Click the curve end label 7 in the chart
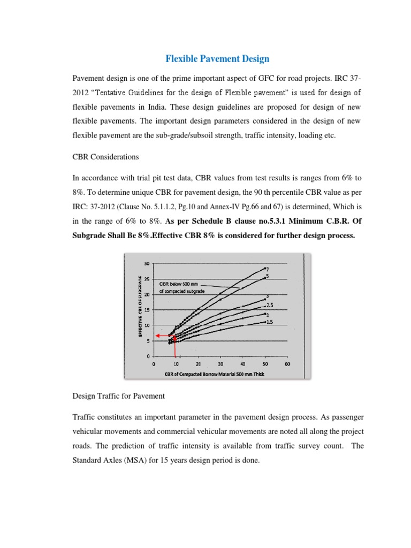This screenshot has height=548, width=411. point(267,269)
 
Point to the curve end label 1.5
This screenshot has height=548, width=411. point(270,322)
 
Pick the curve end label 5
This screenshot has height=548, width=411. point(267,276)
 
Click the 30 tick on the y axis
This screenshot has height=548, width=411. point(147,263)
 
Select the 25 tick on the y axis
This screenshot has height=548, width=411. point(147,278)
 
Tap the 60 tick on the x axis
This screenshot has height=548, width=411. point(287,363)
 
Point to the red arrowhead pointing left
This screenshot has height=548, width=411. point(158,336)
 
